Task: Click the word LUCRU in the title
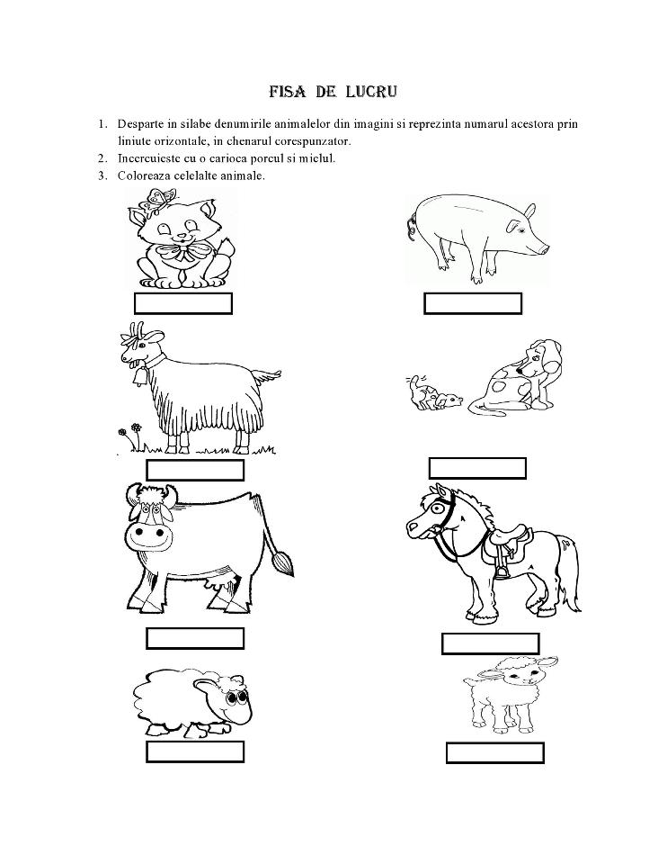(367, 92)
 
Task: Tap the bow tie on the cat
(184, 251)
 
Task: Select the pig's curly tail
(414, 218)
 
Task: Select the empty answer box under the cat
(183, 303)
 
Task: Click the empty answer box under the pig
(473, 303)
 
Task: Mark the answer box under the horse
(490, 643)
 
